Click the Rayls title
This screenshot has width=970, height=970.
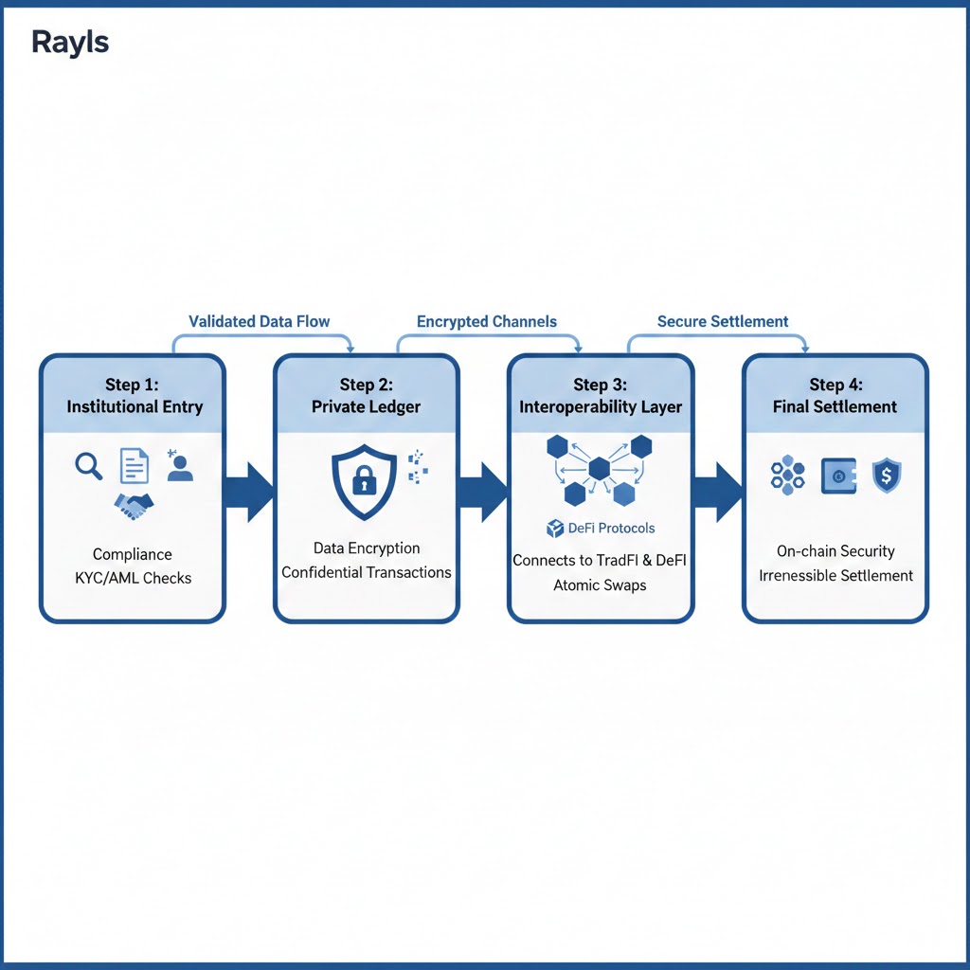(70, 43)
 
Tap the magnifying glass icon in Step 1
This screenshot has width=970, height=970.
(88, 465)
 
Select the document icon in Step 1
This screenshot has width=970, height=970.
(135, 466)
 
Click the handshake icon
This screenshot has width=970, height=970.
(134, 505)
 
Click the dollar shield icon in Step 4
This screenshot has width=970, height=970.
(886, 475)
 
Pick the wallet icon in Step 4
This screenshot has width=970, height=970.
(838, 475)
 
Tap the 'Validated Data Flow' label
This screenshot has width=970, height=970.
(259, 321)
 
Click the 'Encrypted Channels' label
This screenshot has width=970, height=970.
(487, 321)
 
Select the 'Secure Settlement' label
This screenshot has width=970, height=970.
(723, 321)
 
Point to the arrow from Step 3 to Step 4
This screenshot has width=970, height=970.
(718, 490)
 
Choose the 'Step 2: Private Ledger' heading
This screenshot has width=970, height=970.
(366, 395)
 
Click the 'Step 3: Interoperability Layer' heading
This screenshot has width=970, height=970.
(601, 395)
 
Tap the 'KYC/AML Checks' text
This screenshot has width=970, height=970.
(133, 577)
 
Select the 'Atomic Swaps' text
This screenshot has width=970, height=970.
(600, 584)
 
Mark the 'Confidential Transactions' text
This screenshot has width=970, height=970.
(366, 572)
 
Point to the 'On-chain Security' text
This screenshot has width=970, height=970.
(835, 550)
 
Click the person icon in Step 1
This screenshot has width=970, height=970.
(180, 466)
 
